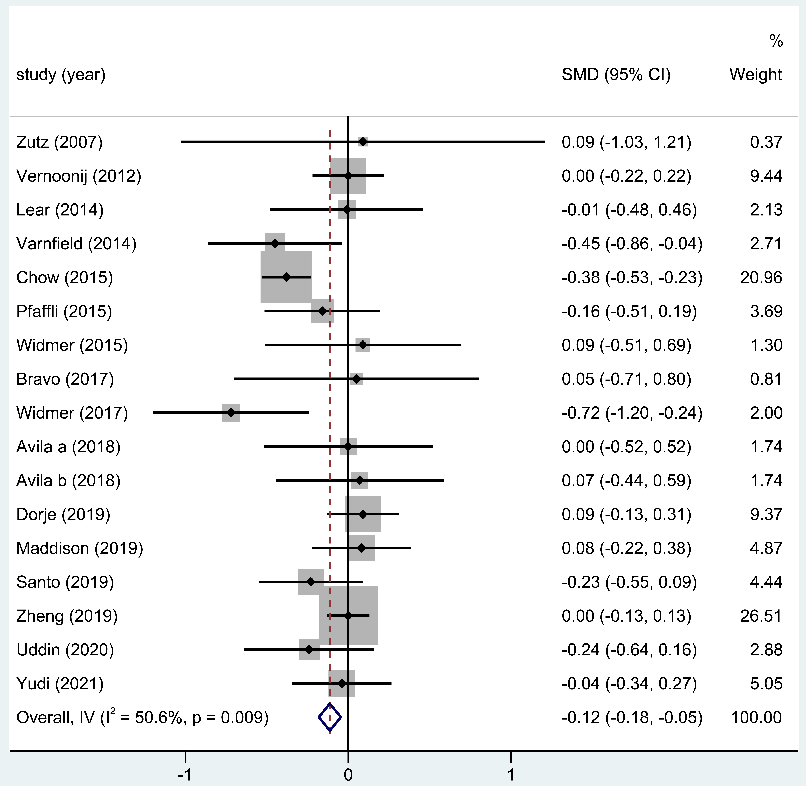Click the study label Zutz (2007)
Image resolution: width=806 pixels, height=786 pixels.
[x=59, y=142]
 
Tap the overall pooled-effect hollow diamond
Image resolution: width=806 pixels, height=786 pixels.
[x=330, y=718]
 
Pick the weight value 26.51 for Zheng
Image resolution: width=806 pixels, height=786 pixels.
[x=761, y=616]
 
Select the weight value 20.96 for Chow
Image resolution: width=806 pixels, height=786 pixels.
[x=761, y=277]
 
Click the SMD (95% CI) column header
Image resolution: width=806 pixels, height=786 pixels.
[x=616, y=75]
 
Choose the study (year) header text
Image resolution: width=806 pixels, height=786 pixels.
[x=61, y=75]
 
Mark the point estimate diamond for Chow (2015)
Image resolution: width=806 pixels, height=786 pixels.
[x=286, y=277]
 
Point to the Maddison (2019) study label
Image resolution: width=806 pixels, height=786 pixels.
[x=80, y=548]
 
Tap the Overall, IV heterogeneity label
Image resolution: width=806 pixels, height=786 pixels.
[x=142, y=718]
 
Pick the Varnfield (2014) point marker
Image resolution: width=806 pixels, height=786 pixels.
[x=275, y=244]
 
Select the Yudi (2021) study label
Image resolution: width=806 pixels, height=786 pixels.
[x=60, y=684]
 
